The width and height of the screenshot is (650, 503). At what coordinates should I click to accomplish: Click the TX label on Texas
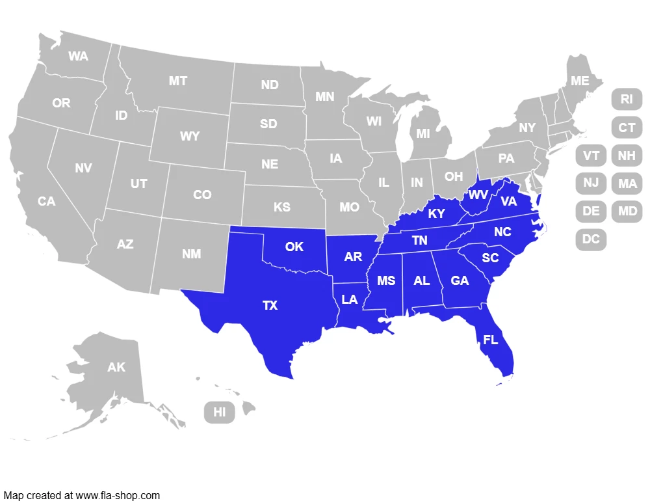pos(270,305)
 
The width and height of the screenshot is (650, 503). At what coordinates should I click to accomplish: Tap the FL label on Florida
pos(491,340)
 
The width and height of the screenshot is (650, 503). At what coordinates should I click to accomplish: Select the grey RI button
pos(627,99)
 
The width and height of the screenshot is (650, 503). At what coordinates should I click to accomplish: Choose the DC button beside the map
pos(591,239)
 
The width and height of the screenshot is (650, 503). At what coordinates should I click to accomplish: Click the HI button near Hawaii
pos(220,412)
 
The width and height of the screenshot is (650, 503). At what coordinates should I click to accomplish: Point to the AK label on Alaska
pos(116,368)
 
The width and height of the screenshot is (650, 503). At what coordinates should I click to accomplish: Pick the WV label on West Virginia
pos(478,195)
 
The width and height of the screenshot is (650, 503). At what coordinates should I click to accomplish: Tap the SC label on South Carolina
pos(490,258)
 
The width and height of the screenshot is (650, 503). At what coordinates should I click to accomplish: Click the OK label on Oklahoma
pos(294,247)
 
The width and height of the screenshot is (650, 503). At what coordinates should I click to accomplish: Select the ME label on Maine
pos(580,81)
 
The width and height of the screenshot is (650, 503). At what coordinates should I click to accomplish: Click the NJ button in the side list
pos(591,183)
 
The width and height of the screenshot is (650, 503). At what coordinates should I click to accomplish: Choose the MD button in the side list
pos(627,211)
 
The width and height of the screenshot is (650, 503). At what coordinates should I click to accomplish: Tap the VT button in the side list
pos(591,156)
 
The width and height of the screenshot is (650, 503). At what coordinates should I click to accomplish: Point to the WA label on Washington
pos(78,57)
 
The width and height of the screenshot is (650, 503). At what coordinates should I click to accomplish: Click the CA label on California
pos(46,202)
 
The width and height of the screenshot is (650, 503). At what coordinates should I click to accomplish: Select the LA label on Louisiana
pos(350,299)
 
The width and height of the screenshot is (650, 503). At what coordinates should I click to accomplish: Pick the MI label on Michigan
pos(423,133)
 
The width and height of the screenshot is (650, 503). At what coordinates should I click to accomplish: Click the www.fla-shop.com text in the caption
pos(118,495)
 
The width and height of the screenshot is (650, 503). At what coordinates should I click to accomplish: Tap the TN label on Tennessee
pos(420,241)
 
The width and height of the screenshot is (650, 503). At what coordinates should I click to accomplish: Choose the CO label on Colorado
pos(202,195)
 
